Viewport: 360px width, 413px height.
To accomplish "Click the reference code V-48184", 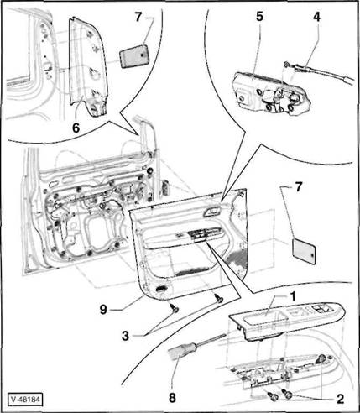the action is (25, 400).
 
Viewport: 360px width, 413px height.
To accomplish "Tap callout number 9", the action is (103, 310).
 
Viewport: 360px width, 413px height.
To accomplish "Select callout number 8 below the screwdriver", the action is (172, 398).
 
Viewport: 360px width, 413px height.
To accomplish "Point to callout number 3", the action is (125, 336).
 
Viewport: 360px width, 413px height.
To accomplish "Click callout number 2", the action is (340, 399).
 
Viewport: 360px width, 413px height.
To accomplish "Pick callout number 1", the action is (293, 296).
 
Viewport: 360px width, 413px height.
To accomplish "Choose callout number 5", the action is (260, 17).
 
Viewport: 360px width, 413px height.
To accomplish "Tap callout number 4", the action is (316, 17).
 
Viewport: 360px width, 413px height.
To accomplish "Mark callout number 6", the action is (76, 128).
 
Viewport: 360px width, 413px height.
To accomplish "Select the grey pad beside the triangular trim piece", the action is (134, 55).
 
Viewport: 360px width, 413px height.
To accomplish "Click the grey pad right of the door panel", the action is (304, 250).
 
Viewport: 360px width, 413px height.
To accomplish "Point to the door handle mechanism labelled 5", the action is (271, 93).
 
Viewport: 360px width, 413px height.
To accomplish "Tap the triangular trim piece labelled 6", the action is (87, 66).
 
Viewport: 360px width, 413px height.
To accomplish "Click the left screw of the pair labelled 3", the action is (175, 308).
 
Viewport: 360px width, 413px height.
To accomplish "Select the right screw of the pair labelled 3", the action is (218, 298).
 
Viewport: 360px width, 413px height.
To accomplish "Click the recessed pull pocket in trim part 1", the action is (265, 319).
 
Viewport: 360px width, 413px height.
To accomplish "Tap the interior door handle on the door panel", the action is (213, 212).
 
